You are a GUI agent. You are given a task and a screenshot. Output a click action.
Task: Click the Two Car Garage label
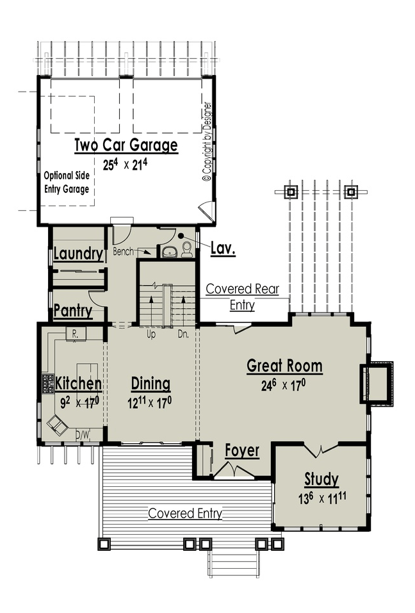coord(126,145)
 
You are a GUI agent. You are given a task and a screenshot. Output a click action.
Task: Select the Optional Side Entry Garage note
coord(67,182)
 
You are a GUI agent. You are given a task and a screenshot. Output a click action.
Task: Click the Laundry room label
coord(78,254)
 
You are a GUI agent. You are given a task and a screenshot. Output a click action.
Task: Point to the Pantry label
coord(73,311)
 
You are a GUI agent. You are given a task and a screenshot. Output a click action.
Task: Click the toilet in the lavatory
coord(187,249)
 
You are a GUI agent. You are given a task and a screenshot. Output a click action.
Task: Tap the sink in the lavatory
coord(169,252)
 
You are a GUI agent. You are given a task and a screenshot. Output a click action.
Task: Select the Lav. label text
coord(223,248)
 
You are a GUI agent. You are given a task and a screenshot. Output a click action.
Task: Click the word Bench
coord(123,251)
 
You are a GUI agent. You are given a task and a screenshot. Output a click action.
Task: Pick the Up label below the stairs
coord(151,334)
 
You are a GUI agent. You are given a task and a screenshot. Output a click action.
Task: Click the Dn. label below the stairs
coord(183,334)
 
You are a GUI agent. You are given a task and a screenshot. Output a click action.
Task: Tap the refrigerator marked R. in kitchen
coord(76,334)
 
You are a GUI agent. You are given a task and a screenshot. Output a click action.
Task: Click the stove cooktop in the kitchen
coord(48,384)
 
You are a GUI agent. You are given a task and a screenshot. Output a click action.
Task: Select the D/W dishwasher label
coord(83,434)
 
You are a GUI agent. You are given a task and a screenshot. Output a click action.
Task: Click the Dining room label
coord(151,384)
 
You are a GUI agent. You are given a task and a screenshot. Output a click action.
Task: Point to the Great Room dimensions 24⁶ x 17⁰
coord(283,386)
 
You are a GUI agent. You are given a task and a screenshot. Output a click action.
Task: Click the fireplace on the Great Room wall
coord(377,383)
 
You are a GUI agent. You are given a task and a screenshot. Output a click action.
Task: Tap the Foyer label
coord(242,451)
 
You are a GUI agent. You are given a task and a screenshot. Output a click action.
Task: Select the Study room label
coord(321,479)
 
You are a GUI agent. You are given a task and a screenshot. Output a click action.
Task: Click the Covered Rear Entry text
coord(242,297)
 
